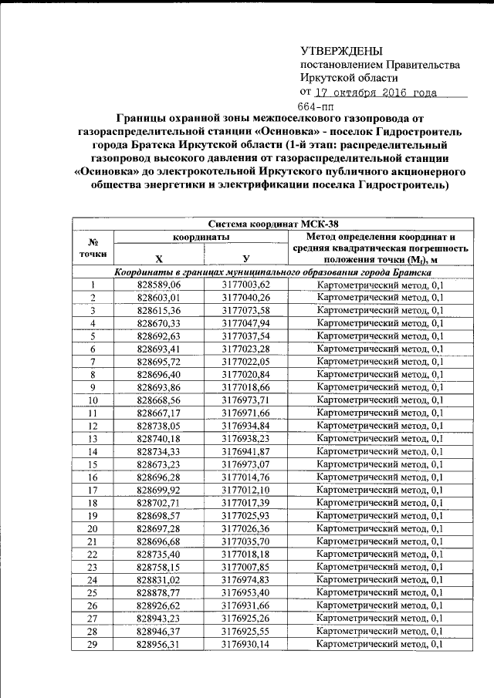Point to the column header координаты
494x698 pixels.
point(201,238)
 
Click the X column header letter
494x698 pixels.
point(158,258)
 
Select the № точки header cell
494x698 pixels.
point(93,248)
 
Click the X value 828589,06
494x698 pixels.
point(158,285)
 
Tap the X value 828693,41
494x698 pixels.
point(158,349)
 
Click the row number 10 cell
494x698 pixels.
point(93,400)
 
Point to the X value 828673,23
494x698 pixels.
point(158,464)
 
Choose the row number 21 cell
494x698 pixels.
point(93,541)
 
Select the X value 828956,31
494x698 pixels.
point(158,644)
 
